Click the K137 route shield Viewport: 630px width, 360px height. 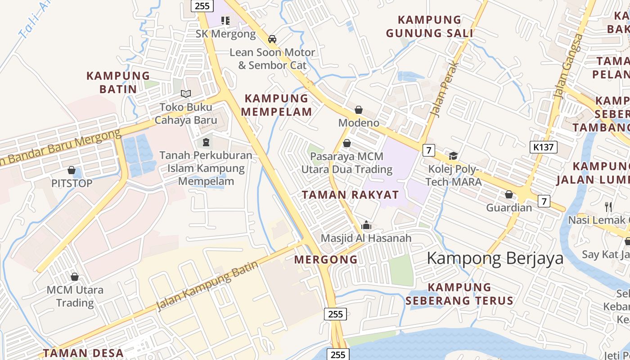pos(544,147)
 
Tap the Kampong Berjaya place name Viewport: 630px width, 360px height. pos(495,258)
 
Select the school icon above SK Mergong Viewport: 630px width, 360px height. pos(225,21)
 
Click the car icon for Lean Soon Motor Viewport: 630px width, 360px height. pos(272,39)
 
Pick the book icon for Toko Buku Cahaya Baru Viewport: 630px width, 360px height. pos(186,94)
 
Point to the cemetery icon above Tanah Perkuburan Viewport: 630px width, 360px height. pos(206,142)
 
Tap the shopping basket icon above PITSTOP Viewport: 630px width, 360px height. pos(72,170)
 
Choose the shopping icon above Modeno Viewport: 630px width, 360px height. pos(359,110)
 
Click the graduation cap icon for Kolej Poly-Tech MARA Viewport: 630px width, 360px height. pos(453,156)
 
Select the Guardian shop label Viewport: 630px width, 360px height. pos(509,208)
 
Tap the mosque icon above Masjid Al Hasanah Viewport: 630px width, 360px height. pos(366,225)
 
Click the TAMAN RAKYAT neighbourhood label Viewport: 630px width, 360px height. pos(350,195)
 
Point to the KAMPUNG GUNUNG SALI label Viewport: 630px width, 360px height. pos(430,27)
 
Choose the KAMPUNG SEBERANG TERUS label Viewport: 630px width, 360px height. pos(459,294)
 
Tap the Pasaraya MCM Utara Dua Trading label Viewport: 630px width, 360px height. pos(346,163)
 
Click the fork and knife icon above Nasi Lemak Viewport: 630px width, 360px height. pos(608,207)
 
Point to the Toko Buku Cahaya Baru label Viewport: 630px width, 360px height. pos(186,114)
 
